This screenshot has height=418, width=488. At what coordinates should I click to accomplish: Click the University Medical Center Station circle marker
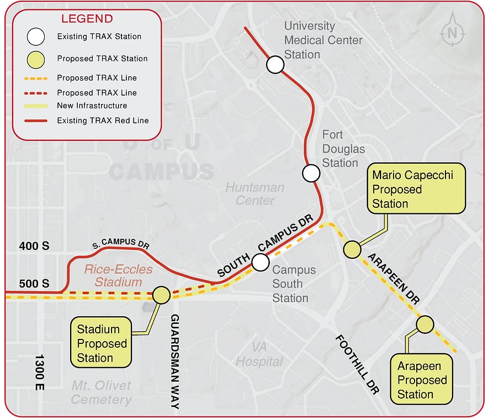click(275, 65)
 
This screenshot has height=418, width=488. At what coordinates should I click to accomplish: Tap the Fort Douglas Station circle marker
click(311, 173)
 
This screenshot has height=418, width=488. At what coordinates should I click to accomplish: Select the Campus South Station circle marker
click(261, 262)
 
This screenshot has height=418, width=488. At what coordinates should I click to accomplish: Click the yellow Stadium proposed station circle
click(161, 295)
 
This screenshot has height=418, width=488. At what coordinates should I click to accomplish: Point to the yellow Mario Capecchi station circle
click(352, 249)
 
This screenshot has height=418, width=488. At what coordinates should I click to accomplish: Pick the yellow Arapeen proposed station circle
click(425, 325)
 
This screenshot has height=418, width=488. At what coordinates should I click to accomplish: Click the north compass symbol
click(453, 33)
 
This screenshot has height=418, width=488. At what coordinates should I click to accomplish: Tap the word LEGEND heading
click(87, 19)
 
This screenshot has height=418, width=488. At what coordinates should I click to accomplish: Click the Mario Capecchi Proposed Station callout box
click(417, 189)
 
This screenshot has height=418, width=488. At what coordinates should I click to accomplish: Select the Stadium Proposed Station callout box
click(101, 343)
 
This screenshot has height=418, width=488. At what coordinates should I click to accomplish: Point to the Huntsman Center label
click(254, 194)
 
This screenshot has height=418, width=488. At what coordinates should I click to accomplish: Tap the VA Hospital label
click(259, 354)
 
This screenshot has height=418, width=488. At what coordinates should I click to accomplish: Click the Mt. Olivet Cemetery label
click(102, 392)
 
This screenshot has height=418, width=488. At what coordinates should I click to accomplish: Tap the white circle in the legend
click(36, 37)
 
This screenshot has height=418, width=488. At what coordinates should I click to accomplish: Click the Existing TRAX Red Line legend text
click(103, 120)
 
